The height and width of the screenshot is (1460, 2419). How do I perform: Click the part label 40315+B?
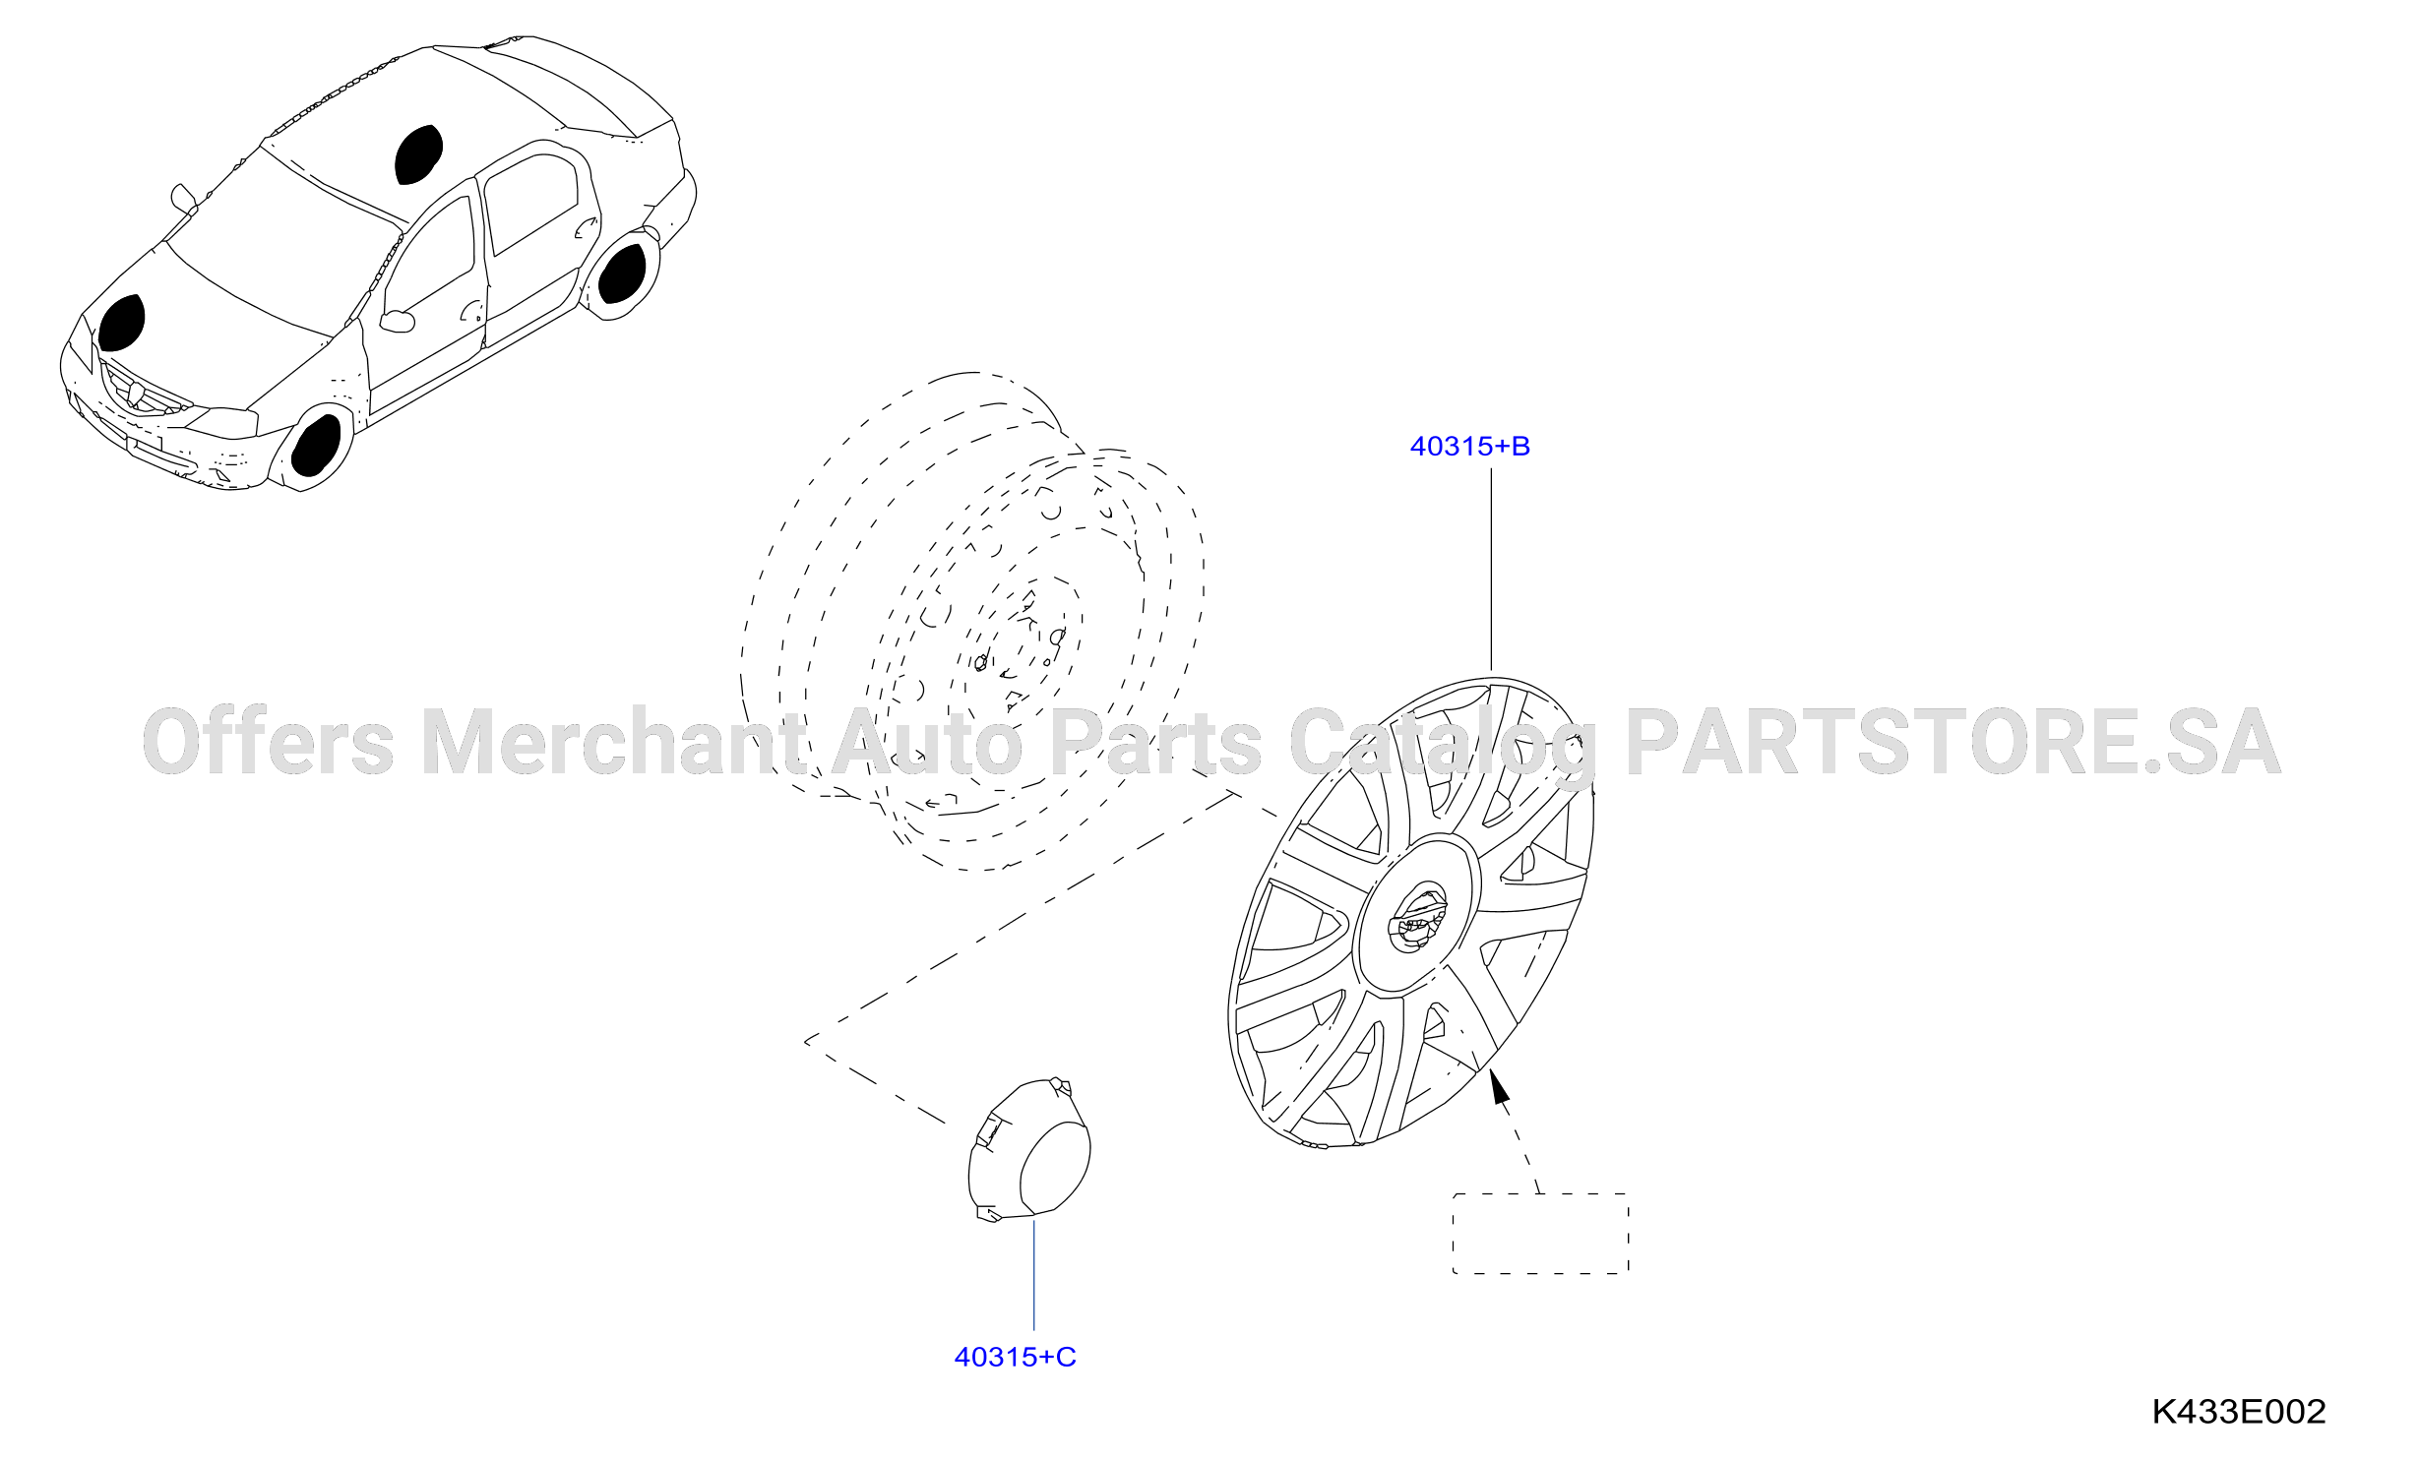tap(1469, 447)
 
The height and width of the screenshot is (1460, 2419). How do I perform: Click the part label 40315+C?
tap(1015, 1358)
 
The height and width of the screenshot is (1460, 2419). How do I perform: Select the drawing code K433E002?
tap(2238, 1412)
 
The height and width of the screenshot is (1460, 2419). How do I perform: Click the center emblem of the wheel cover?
tap(1418, 919)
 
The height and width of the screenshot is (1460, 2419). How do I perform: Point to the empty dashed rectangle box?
tap(1541, 1234)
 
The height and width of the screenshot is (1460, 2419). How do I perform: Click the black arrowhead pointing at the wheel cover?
tap(1499, 1086)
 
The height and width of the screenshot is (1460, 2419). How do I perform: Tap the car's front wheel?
tap(316, 446)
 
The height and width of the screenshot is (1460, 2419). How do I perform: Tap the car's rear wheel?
tap(623, 273)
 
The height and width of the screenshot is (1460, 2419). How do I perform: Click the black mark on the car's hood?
tap(121, 323)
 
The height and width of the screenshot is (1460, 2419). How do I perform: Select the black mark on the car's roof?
tap(418, 154)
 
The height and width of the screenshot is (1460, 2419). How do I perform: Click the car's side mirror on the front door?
tap(398, 321)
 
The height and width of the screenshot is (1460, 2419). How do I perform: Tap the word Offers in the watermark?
tap(269, 740)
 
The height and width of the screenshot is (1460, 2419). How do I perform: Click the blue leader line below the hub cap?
tap(1033, 1275)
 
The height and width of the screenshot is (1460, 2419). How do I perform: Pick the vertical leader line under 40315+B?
tap(1491, 570)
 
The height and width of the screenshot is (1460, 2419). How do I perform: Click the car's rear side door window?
tap(531, 204)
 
